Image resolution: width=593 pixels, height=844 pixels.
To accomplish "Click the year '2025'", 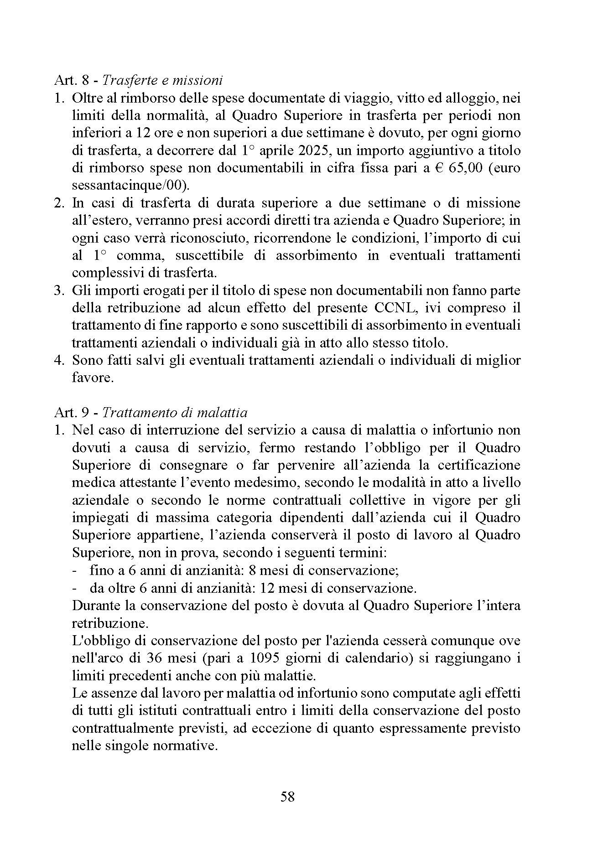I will pos(310,150).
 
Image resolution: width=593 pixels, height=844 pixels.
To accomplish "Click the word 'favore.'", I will pos(93,378).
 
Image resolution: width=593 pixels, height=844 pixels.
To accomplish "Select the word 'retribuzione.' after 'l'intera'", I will pos(110,623).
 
